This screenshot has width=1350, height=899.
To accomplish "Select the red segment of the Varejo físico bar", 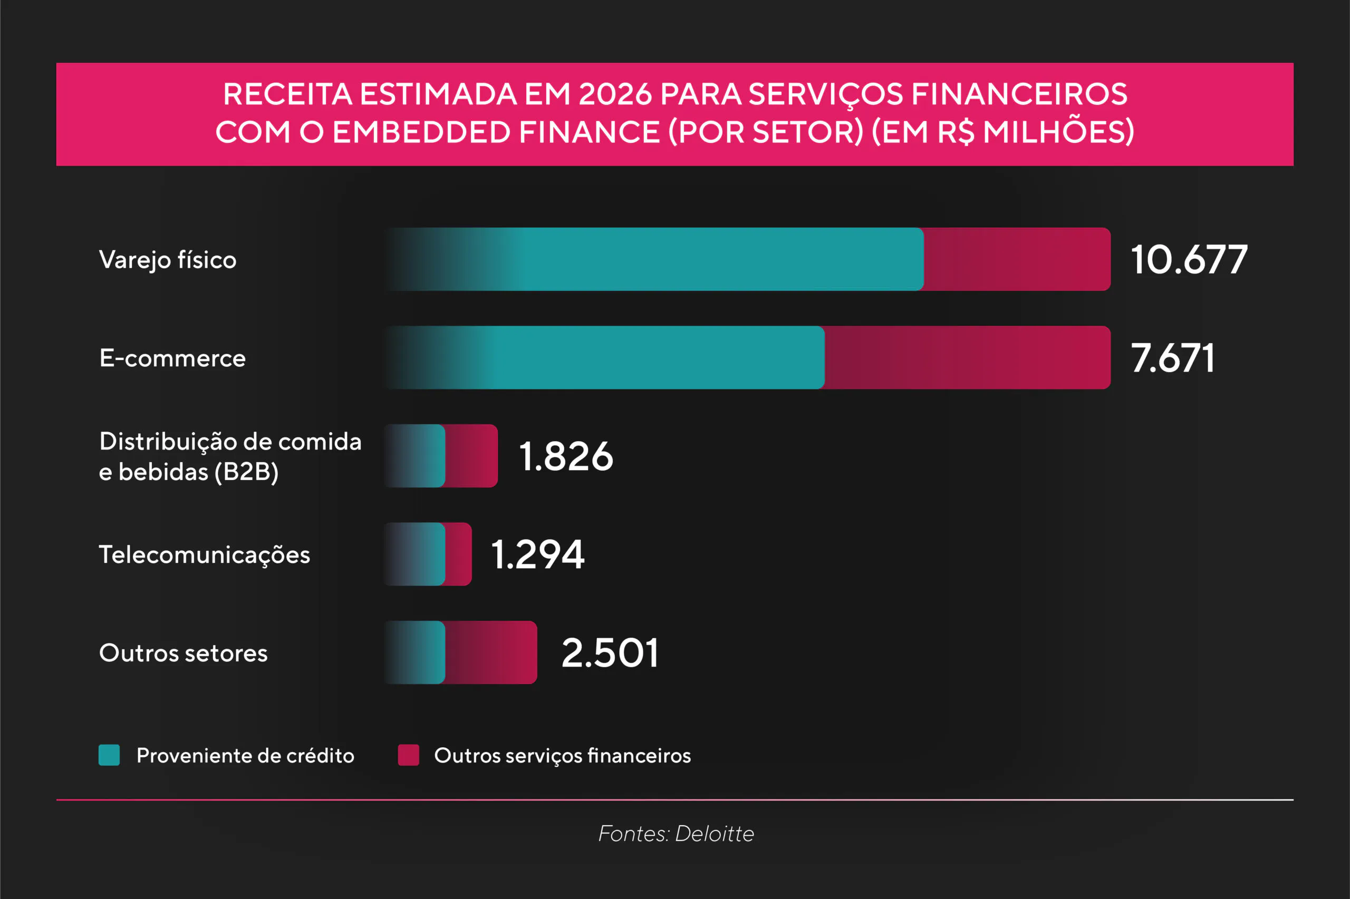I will [x=1017, y=259].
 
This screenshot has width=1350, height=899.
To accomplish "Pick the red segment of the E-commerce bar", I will [x=967, y=357].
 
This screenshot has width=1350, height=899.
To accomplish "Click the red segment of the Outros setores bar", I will [x=491, y=652].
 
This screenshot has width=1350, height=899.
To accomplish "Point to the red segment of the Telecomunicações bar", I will [x=458, y=554].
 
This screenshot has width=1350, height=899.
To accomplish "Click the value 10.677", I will [x=1189, y=260].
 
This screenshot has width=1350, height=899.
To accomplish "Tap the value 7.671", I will [x=1172, y=358].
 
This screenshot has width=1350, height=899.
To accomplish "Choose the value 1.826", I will [x=566, y=456].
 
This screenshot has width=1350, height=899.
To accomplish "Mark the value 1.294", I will [x=537, y=554].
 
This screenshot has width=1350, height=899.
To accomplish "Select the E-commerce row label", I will [x=172, y=358].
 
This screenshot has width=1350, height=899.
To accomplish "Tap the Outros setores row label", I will [x=183, y=653].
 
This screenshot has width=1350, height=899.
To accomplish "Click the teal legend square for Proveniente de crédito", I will [x=109, y=755].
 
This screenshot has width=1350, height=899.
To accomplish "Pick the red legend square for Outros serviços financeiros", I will [x=409, y=755].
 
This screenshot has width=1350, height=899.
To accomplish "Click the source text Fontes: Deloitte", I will [x=676, y=834].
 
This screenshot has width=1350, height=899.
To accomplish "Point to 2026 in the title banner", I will [x=615, y=94].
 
